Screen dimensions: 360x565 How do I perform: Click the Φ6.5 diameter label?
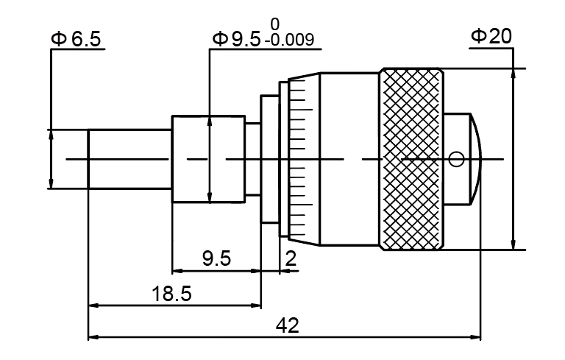tap(76, 39)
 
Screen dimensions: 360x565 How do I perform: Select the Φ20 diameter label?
tap(491, 37)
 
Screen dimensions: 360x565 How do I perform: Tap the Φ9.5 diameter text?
tap(235, 39)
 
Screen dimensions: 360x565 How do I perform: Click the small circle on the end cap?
tap(456, 158)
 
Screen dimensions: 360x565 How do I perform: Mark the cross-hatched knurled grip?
tap(412, 159)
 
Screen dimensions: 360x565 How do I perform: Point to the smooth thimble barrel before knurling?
tap(349, 159)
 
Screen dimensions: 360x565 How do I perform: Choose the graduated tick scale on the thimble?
tap(297, 159)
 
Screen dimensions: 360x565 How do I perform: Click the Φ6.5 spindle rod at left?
tap(129, 159)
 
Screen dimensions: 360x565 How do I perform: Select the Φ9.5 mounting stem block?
tap(208, 159)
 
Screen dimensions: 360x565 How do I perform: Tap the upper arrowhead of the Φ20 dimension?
tap(514, 74)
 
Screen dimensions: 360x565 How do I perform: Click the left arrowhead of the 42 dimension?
tap(93, 338)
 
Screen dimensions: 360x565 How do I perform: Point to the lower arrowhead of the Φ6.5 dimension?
tap(51, 183)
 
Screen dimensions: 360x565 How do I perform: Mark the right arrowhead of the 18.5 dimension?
tap(257, 306)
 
